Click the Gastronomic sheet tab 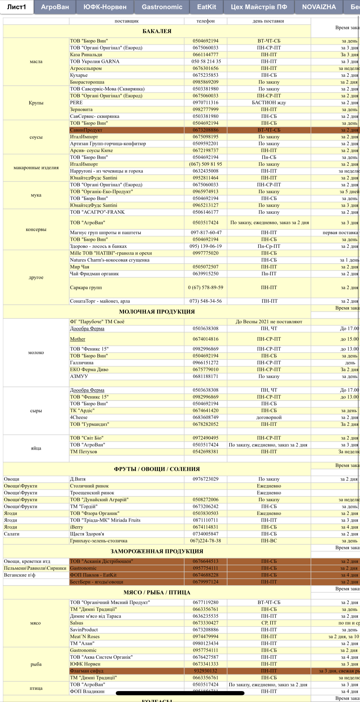(162, 7)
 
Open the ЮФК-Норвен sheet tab (105, 7)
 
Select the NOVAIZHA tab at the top (319, 7)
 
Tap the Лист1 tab (17, 7)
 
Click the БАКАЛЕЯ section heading (157, 31)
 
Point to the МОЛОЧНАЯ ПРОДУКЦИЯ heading (157, 312)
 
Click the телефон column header (206, 21)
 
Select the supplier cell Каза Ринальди (86, 55)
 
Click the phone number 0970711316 (206, 103)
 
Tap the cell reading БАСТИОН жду (269, 103)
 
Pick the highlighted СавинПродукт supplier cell (86, 130)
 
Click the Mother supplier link (78, 339)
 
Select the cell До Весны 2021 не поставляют (269, 322)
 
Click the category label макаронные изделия (36, 168)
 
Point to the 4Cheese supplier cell (79, 417)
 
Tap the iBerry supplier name (77, 527)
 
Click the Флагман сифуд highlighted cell (87, 671)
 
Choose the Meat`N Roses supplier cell (85, 637)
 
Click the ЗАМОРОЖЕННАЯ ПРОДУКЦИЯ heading (157, 551)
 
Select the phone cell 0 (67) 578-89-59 (206, 288)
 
